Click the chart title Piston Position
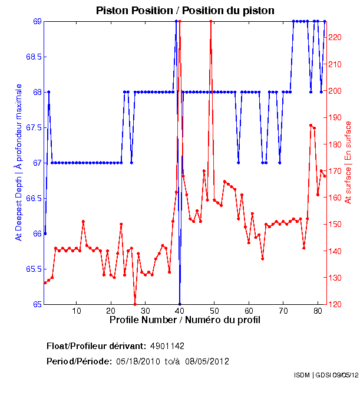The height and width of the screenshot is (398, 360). click(x=186, y=11)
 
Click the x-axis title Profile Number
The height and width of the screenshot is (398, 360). click(x=185, y=320)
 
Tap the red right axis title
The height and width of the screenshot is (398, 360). click(x=348, y=162)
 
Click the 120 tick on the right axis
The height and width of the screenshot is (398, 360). click(x=335, y=304)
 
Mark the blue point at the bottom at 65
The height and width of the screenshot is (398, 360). click(x=180, y=304)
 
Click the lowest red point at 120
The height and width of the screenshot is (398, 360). click(x=135, y=304)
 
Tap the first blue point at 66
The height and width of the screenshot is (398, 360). click(x=45, y=233)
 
